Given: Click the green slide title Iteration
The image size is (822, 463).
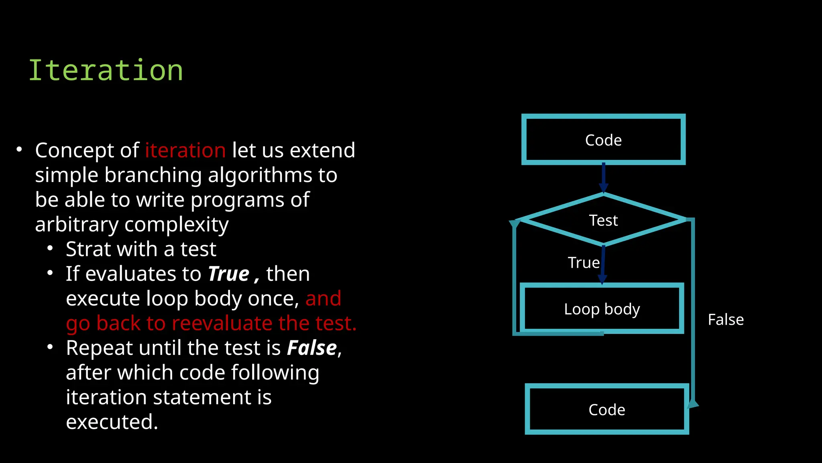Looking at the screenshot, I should click(106, 70).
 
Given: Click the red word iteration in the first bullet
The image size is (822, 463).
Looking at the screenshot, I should click(185, 150).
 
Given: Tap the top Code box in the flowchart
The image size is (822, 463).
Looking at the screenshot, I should click(603, 139).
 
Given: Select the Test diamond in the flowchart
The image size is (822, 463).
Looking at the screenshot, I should click(603, 220).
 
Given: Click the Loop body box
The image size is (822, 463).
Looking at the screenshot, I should click(602, 309).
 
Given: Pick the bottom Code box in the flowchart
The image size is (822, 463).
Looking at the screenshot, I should click(606, 409).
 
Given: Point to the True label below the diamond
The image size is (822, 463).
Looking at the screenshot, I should click(584, 262).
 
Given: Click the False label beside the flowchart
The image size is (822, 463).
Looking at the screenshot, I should click(726, 320).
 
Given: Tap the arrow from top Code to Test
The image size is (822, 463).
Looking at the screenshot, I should click(603, 177).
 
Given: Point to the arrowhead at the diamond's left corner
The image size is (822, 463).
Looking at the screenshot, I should click(514, 223).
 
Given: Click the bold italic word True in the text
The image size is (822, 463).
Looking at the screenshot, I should click(228, 274).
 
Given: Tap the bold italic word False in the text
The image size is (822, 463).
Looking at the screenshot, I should click(312, 348).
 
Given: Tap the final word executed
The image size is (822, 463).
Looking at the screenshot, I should click(112, 422).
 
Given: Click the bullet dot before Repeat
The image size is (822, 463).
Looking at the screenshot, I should click(50, 347).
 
